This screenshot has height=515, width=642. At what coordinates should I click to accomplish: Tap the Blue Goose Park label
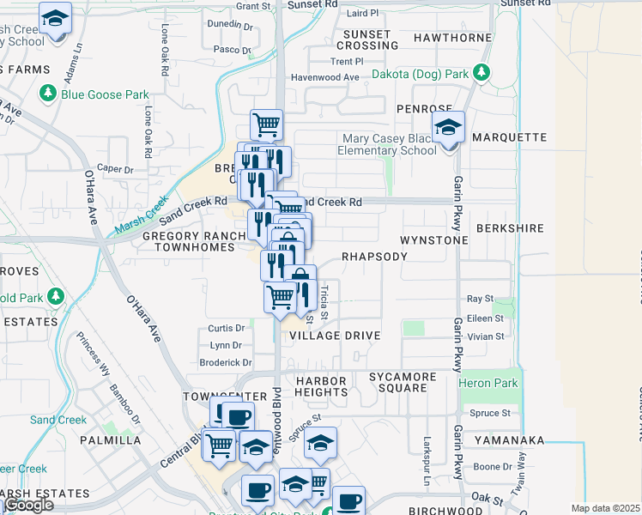[x=105, y=94]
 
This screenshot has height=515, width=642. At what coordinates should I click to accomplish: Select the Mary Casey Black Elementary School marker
[x=448, y=129]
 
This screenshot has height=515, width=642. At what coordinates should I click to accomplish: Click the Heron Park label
[x=488, y=383]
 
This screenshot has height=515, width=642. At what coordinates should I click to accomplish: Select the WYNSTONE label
[x=434, y=240]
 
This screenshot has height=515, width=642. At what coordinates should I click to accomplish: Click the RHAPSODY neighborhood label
[x=373, y=257]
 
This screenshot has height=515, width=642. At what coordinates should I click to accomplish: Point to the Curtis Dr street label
[x=227, y=328]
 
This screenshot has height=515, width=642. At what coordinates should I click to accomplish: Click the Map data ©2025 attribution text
[x=606, y=508]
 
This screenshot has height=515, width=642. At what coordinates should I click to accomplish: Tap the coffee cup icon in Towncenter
[x=238, y=418]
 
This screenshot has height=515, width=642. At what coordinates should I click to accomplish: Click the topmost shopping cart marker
[x=267, y=124]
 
